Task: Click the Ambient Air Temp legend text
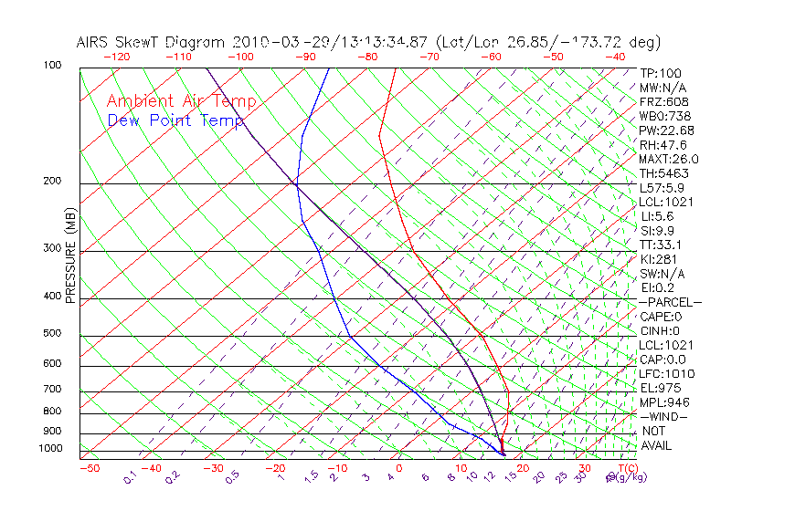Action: pos(181,101)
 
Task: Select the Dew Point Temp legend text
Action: pos(175,120)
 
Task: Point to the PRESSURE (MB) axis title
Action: pos(70,258)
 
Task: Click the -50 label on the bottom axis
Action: pos(90,468)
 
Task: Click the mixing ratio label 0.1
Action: pos(131,477)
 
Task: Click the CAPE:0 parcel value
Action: pos(661,317)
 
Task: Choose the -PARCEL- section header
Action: pos(670,302)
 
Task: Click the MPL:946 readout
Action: pos(664,402)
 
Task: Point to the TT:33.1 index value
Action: pos(661,245)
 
